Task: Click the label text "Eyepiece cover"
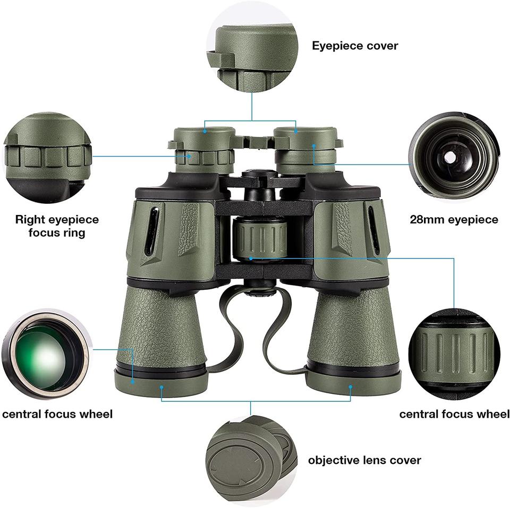click(354, 46)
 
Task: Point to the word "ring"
click(72, 233)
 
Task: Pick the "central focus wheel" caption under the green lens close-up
click(57, 414)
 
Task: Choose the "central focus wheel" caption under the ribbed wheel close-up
click(454, 414)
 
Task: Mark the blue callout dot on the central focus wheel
click(250, 259)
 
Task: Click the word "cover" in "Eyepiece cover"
click(381, 46)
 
